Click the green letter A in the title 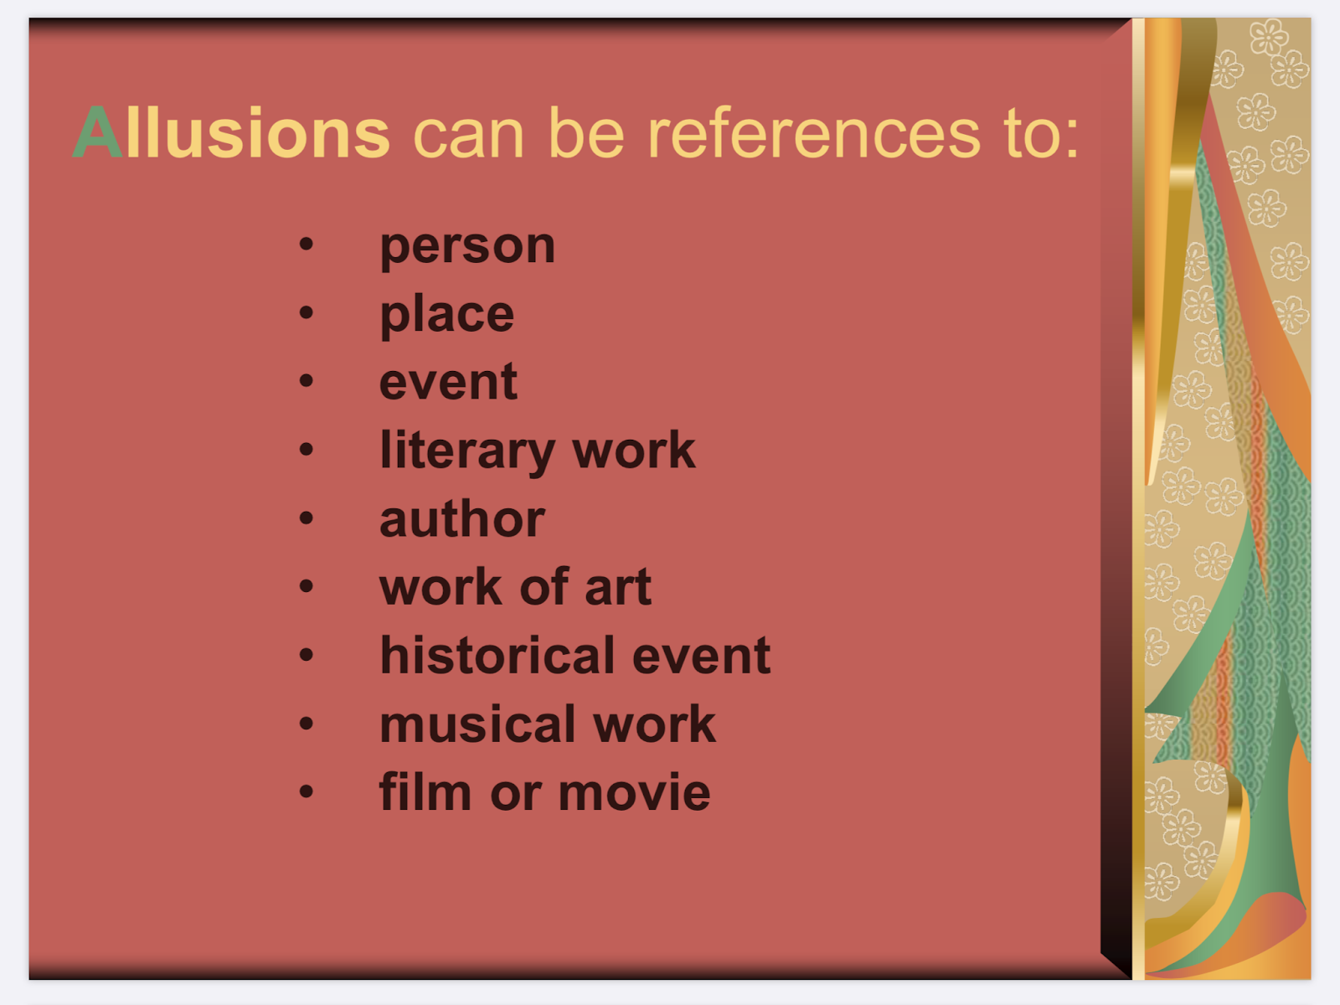[x=98, y=132]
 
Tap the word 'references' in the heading [x=814, y=132]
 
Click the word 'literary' [x=466, y=452]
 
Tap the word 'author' [x=462, y=519]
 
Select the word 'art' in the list [x=618, y=588]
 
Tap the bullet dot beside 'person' [x=307, y=244]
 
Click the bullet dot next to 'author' [x=307, y=518]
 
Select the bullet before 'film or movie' [x=307, y=791]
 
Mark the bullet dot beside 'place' [x=307, y=312]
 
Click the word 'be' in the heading [x=587, y=132]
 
